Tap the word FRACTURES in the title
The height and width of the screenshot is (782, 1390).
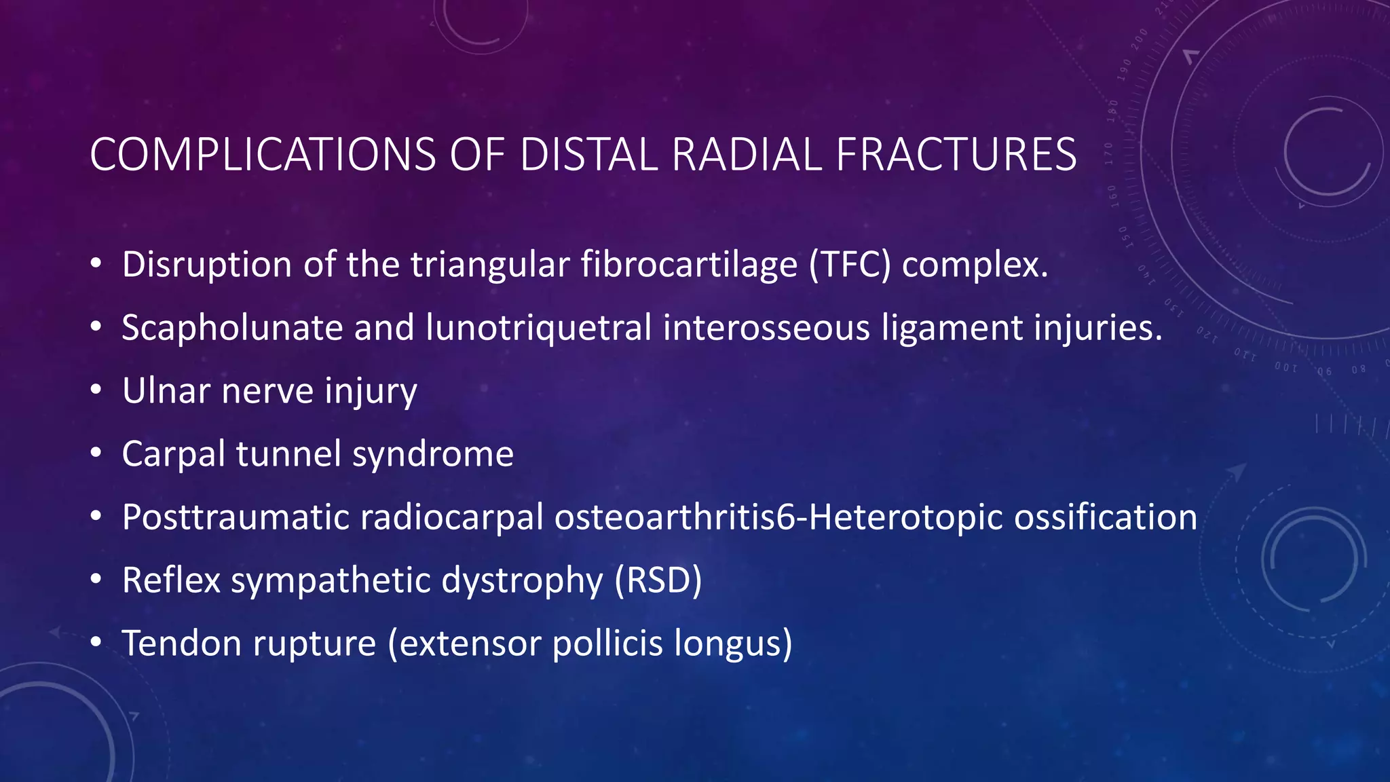point(956,155)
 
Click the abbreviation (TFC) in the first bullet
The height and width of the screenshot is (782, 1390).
point(849,265)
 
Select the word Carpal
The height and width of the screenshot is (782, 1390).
point(173,455)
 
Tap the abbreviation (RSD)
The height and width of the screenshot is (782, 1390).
point(658,581)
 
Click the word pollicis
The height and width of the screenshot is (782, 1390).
point(607,644)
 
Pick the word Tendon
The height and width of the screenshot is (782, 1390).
point(181,644)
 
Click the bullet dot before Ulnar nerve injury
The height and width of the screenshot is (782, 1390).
point(96,391)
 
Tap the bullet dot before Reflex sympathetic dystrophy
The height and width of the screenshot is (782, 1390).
point(96,580)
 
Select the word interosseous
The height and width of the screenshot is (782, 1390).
point(766,328)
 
